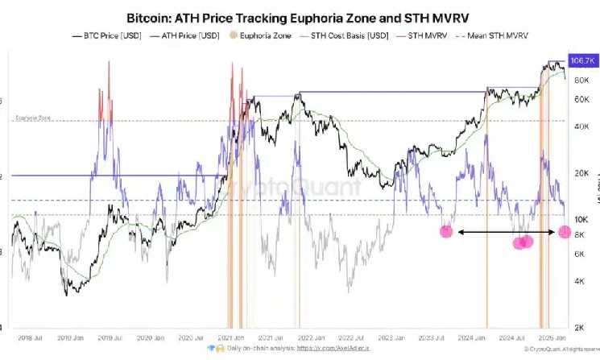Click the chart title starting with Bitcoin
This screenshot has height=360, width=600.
300,15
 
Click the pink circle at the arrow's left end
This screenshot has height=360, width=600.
446,232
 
